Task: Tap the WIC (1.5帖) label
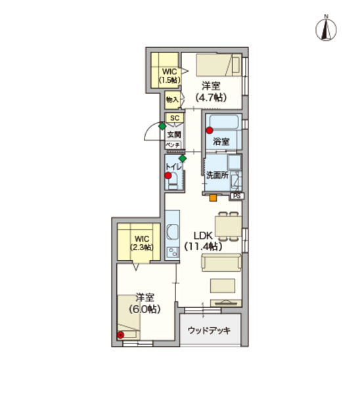tap(169, 75)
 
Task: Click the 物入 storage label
tap(172, 100)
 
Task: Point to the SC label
tap(174, 118)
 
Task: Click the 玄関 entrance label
tap(173, 134)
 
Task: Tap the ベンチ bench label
tap(173, 144)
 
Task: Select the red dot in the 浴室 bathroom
tap(209, 130)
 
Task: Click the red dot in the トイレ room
tap(169, 175)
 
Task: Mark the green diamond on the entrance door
tap(162, 125)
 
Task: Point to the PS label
tap(236, 195)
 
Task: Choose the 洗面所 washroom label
tap(217, 175)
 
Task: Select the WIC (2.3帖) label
tap(142, 242)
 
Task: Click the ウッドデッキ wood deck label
tap(210, 330)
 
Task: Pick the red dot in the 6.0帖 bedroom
tap(120, 335)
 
